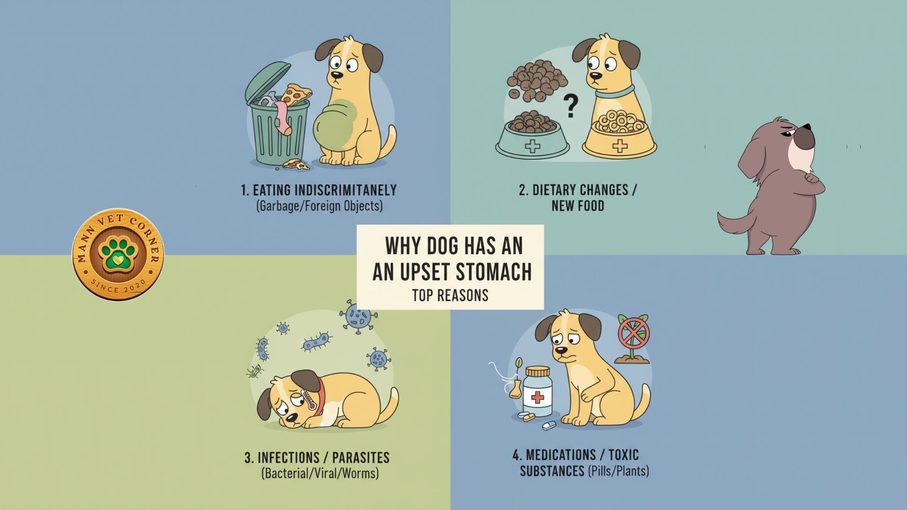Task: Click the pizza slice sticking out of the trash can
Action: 296,94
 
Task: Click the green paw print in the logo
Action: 118,255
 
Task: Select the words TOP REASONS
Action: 450,295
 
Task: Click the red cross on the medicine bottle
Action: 537,397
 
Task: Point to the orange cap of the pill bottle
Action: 537,371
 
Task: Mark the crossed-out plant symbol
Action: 634,334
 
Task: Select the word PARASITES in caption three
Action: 361,458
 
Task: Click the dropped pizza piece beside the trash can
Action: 296,164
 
